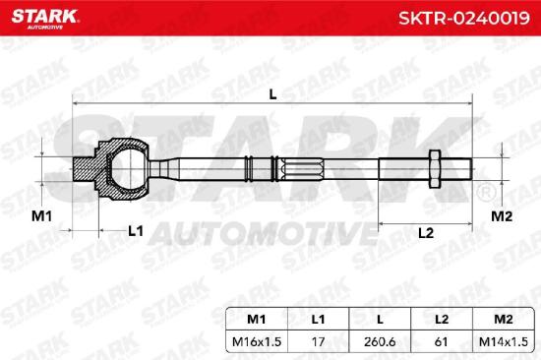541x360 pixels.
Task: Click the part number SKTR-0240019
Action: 464,18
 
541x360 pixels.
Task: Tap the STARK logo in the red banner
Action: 45,18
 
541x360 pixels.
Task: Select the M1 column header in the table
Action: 257,320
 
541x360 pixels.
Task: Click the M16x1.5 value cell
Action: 257,342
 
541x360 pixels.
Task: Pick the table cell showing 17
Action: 318,342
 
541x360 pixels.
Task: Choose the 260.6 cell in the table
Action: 380,342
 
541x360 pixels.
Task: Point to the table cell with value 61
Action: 442,342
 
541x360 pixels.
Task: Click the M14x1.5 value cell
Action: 504,342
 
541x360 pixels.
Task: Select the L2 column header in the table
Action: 442,320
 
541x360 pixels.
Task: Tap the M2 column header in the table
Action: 504,320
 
